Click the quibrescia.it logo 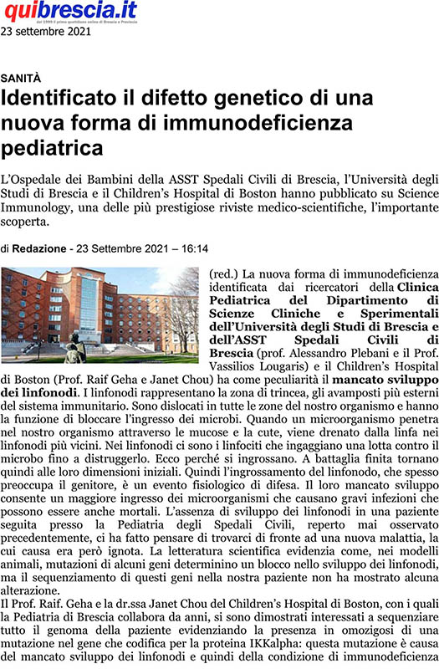[x=70, y=12]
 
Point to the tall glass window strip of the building [x=88, y=309]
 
